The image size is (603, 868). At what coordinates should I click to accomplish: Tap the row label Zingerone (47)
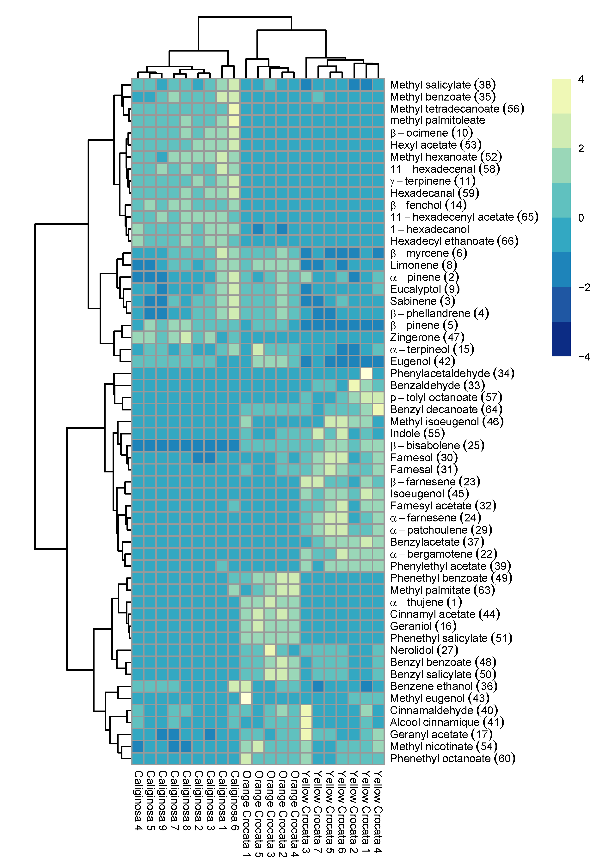coord(427,337)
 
